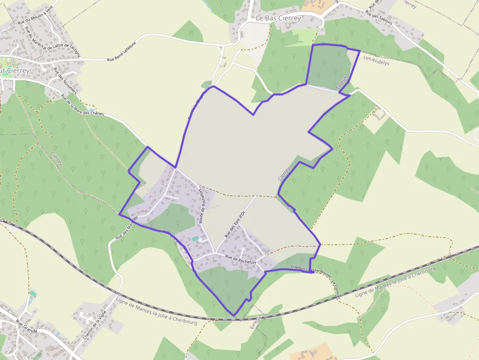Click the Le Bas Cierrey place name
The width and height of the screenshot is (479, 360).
(x=279, y=18)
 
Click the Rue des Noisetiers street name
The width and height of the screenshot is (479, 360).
(x=65, y=80)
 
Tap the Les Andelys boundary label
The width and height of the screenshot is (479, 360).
(x=377, y=61)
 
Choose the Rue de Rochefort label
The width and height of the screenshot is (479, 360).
(x=240, y=259)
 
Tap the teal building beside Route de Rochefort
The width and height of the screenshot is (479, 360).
(x=196, y=238)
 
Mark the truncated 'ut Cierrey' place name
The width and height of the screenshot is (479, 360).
(x=15, y=71)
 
